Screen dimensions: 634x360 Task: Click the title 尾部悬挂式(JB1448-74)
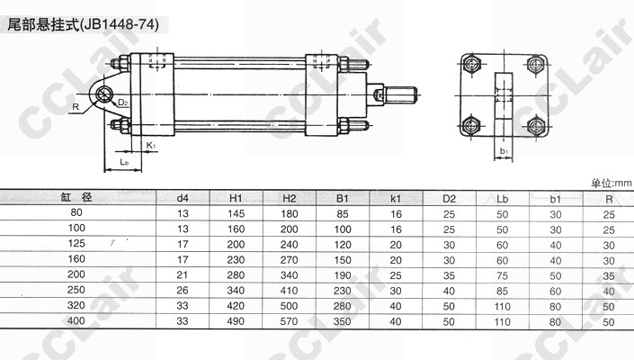(83, 25)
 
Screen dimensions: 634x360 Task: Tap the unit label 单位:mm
(612, 184)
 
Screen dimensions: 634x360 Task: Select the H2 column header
(289, 198)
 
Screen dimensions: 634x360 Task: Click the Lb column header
(502, 199)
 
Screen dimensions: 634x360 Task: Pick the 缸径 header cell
(76, 197)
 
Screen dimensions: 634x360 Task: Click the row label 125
(76, 244)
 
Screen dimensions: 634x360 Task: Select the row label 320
(76, 305)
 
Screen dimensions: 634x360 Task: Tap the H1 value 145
(236, 213)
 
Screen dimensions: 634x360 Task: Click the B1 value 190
(343, 275)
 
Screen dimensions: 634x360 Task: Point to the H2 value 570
(289, 321)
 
